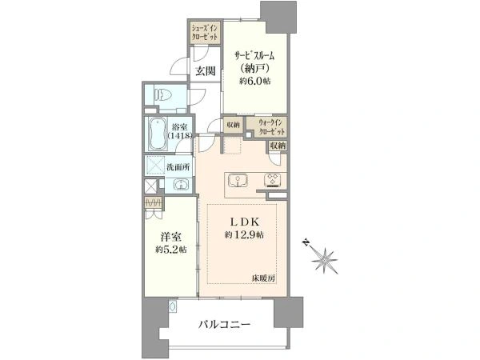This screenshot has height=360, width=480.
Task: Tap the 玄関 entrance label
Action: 204,71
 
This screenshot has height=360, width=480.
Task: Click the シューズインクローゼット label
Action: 205,33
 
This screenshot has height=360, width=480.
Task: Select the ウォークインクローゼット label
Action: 271,126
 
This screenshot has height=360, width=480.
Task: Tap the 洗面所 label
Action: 178,167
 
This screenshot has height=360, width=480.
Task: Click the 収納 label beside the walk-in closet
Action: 233,125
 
